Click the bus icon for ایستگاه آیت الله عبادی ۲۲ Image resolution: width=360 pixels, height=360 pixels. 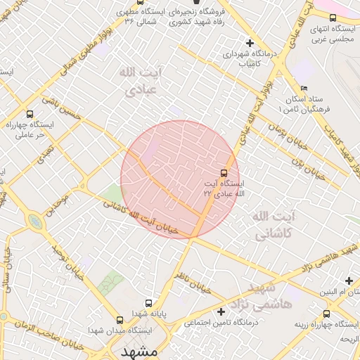(224, 173)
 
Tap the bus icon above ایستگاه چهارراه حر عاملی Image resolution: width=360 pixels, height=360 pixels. (30, 113)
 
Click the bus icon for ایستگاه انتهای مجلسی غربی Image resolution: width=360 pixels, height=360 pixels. (333, 18)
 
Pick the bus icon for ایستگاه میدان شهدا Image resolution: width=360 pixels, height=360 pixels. (119, 319)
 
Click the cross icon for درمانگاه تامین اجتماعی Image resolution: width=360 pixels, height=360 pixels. (221, 311)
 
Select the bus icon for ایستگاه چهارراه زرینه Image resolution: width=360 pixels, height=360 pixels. (326, 314)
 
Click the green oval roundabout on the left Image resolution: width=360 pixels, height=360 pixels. (34, 222)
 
